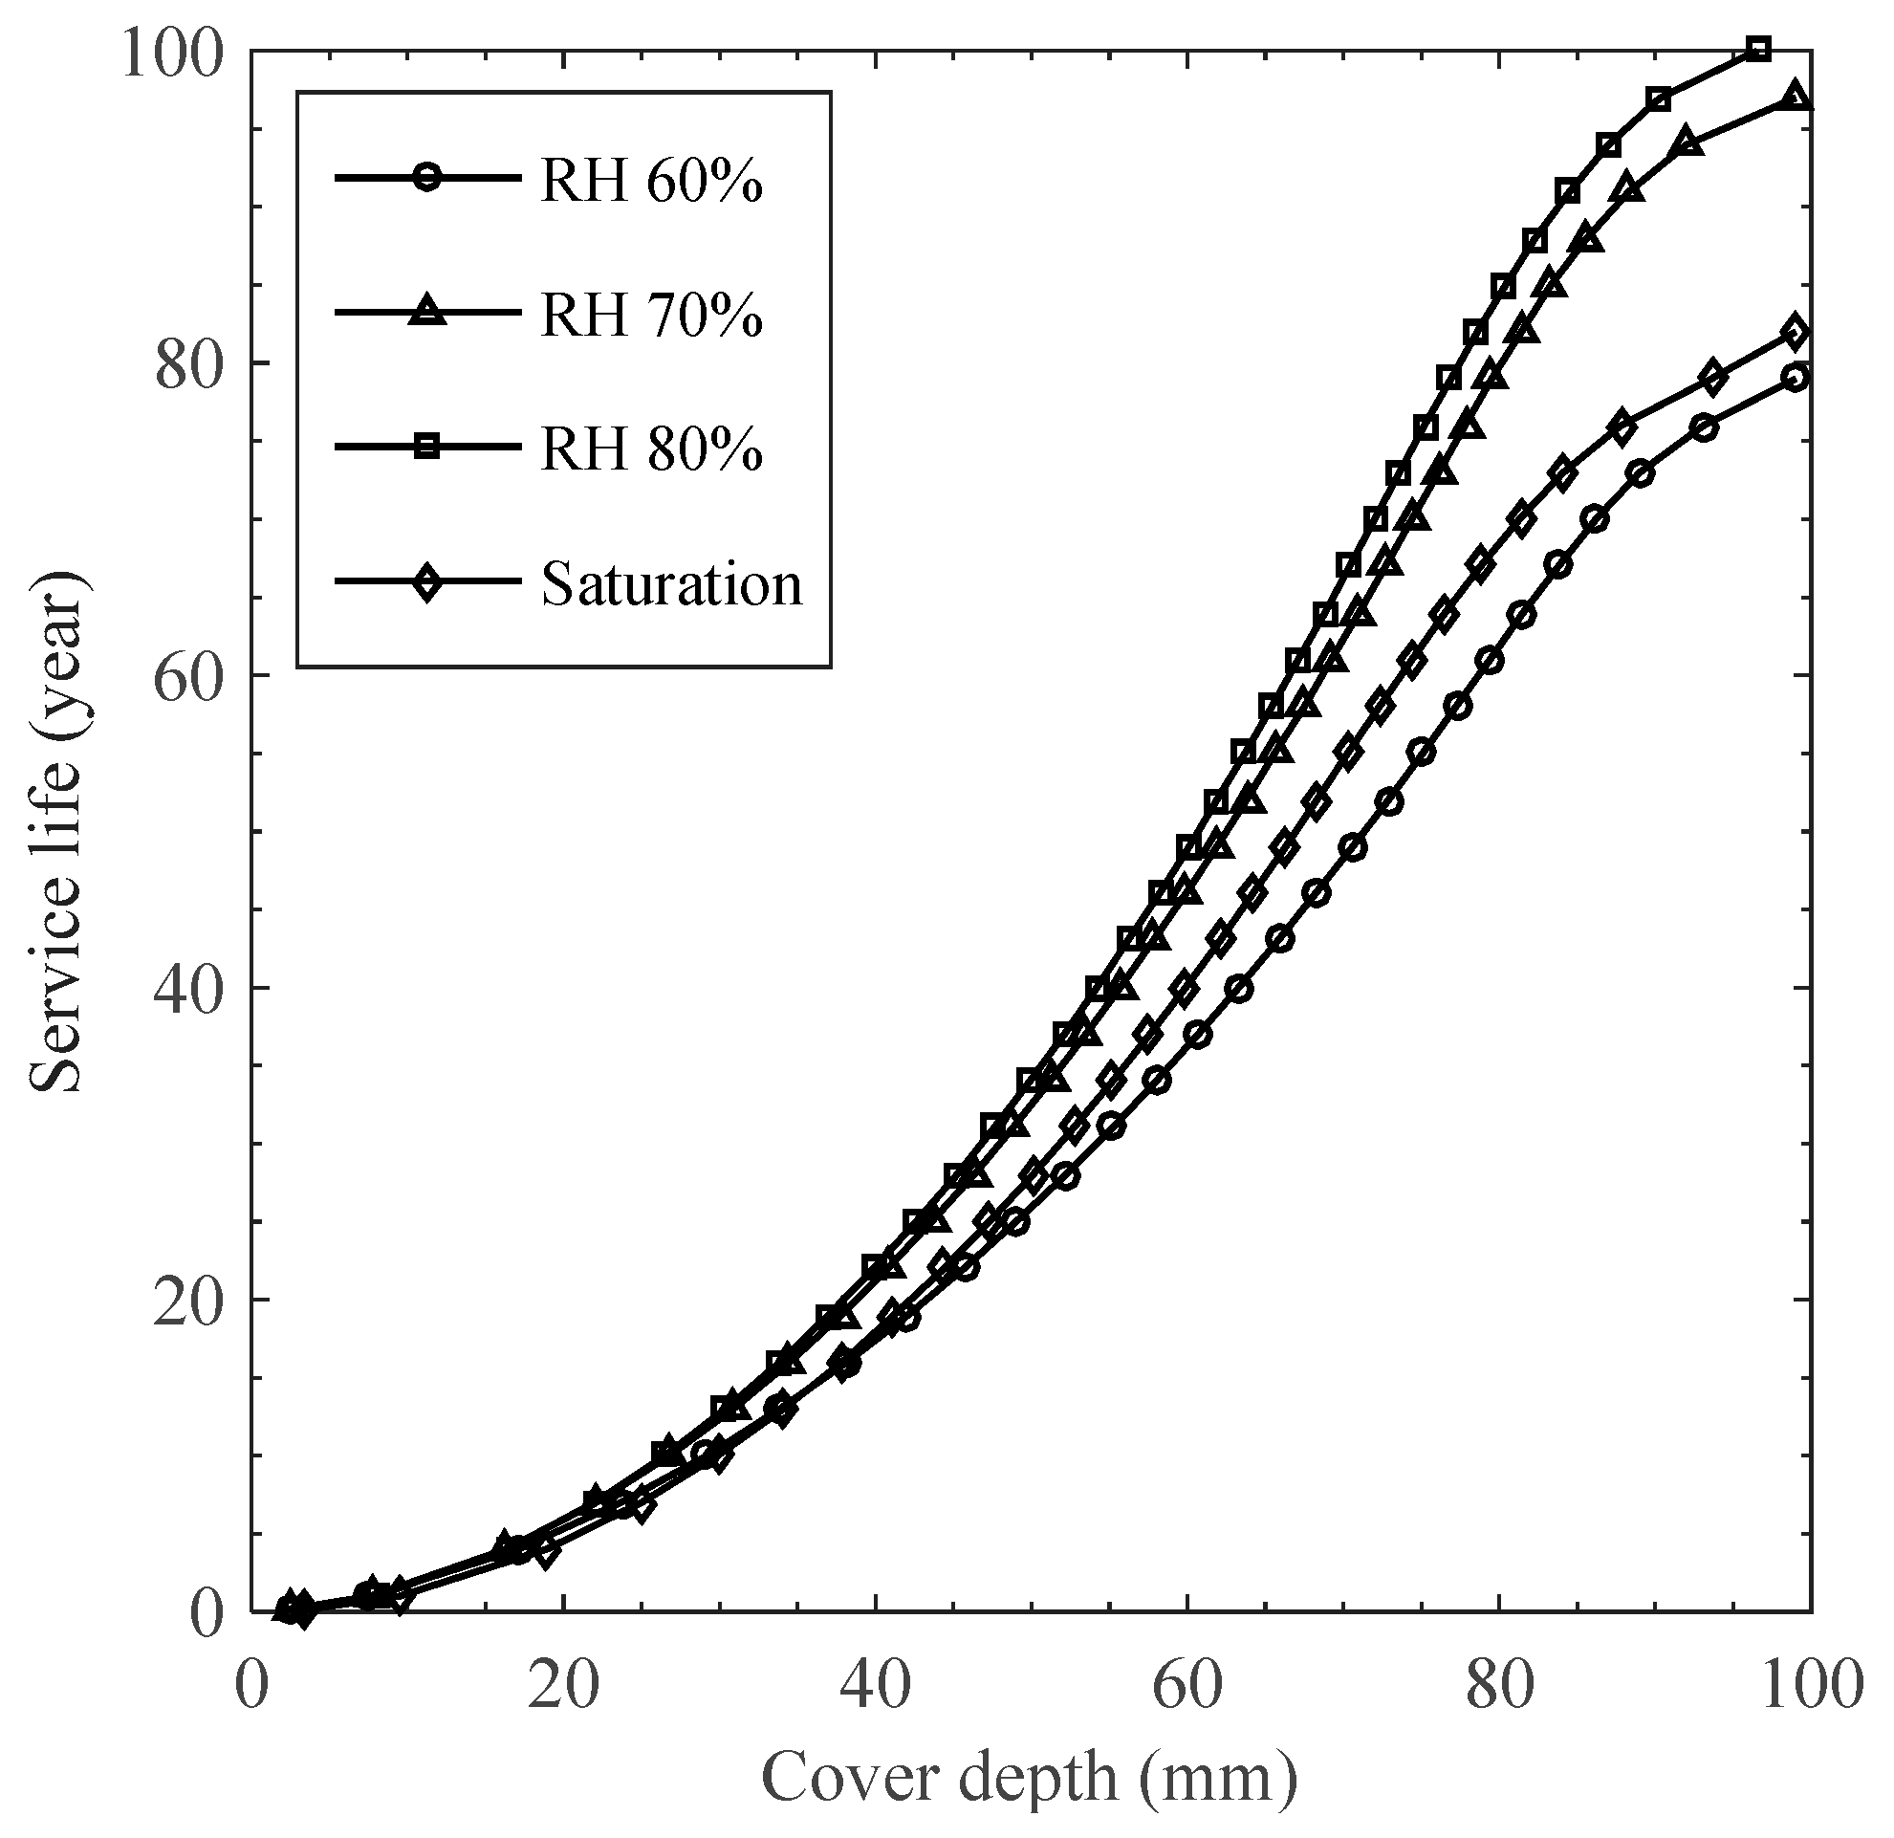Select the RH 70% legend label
[651, 314]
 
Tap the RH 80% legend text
[651, 449]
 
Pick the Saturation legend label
[671, 583]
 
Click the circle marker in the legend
[426, 178]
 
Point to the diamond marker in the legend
[426, 582]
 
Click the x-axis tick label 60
[1187, 1689]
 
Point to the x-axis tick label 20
[563, 1689]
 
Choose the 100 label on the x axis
[1809, 1689]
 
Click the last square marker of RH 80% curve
[1760, 50]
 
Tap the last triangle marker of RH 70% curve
[1796, 97]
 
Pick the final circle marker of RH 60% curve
[1796, 378]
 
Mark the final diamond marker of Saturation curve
[1796, 333]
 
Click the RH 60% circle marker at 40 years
[1240, 989]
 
